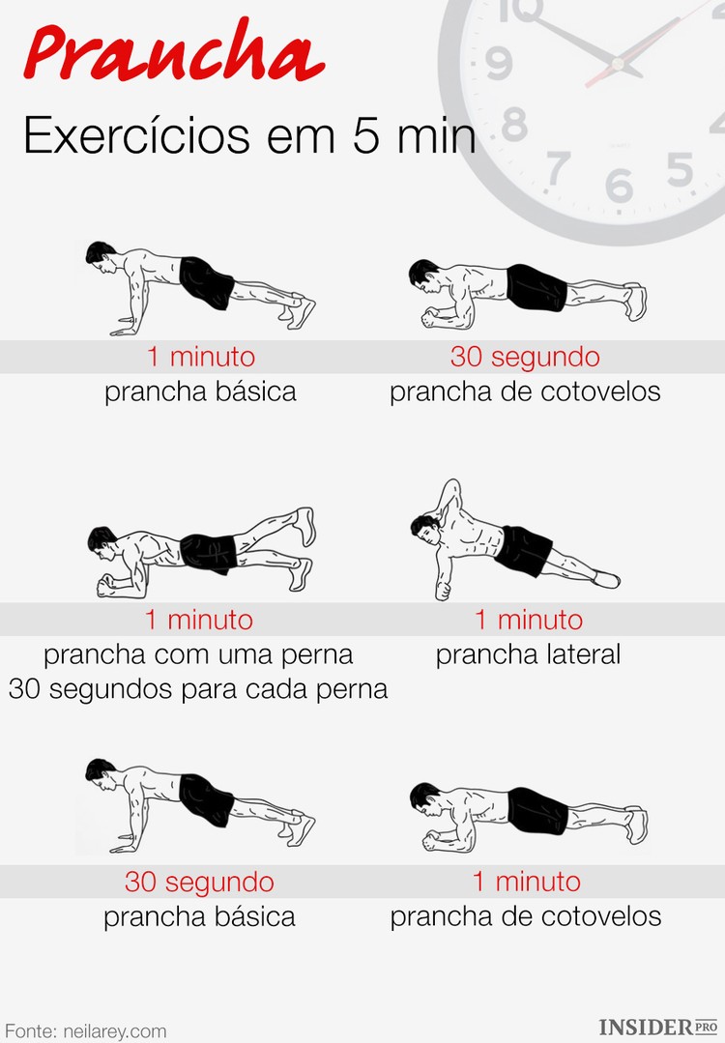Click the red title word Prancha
pyautogui.click(x=174, y=54)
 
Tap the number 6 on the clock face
pyautogui.click(x=620, y=185)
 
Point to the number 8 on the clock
pyautogui.click(x=514, y=124)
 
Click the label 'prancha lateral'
pyautogui.click(x=528, y=654)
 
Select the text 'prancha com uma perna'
pyautogui.click(x=198, y=654)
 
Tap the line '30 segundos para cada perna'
pyautogui.click(x=198, y=689)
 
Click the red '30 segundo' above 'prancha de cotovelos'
pyautogui.click(x=525, y=357)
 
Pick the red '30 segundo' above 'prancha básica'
pyautogui.click(x=199, y=882)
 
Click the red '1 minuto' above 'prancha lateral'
pyautogui.click(x=528, y=620)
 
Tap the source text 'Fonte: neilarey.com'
pyautogui.click(x=85, y=1030)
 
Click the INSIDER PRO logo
pyautogui.click(x=659, y=1028)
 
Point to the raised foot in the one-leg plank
pyautogui.click(x=305, y=525)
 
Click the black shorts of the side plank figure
pyautogui.click(x=523, y=549)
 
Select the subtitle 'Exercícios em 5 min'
pyautogui.click(x=249, y=135)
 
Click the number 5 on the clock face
pyautogui.click(x=681, y=170)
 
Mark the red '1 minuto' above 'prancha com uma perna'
pyautogui.click(x=199, y=620)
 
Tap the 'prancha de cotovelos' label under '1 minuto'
pyautogui.click(x=526, y=916)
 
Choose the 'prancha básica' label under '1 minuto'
pyautogui.click(x=200, y=391)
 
